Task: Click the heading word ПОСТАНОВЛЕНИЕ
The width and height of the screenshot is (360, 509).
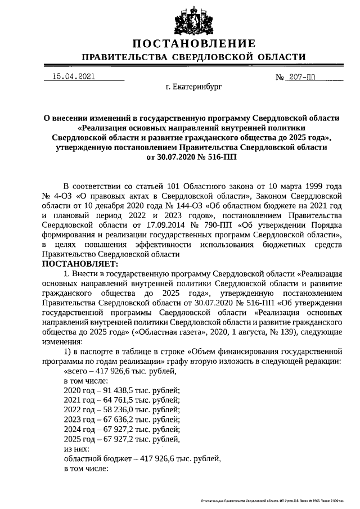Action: click(x=194, y=44)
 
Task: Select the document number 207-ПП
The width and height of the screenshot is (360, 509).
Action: click(x=304, y=77)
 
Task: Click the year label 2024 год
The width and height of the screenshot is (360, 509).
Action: click(x=80, y=430)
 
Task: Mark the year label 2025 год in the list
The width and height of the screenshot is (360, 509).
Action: click(x=80, y=440)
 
